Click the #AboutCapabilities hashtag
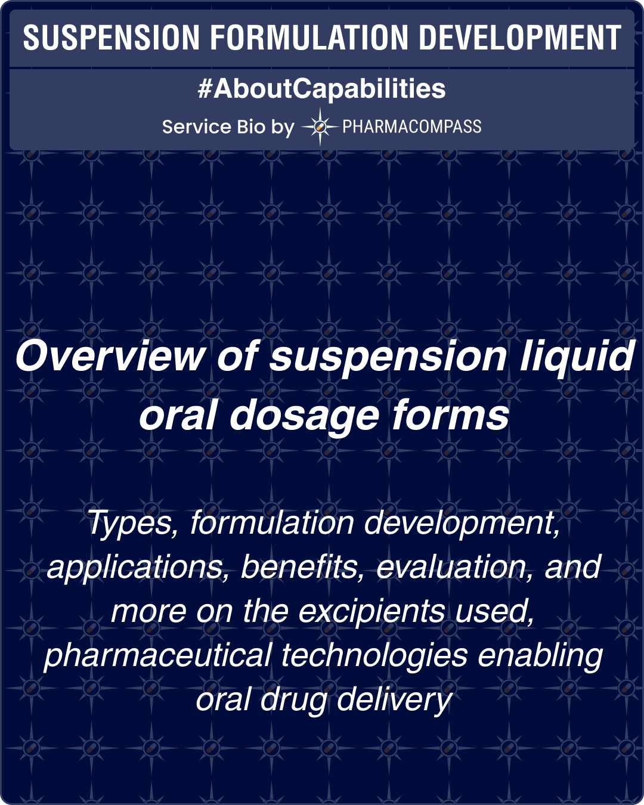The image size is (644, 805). click(321, 89)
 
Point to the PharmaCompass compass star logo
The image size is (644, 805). click(320, 126)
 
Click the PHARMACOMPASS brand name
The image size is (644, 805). click(411, 126)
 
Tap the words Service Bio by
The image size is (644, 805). click(228, 127)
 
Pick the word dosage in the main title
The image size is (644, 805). click(304, 416)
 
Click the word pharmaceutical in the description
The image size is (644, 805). click(158, 655)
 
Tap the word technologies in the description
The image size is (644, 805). click(374, 656)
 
